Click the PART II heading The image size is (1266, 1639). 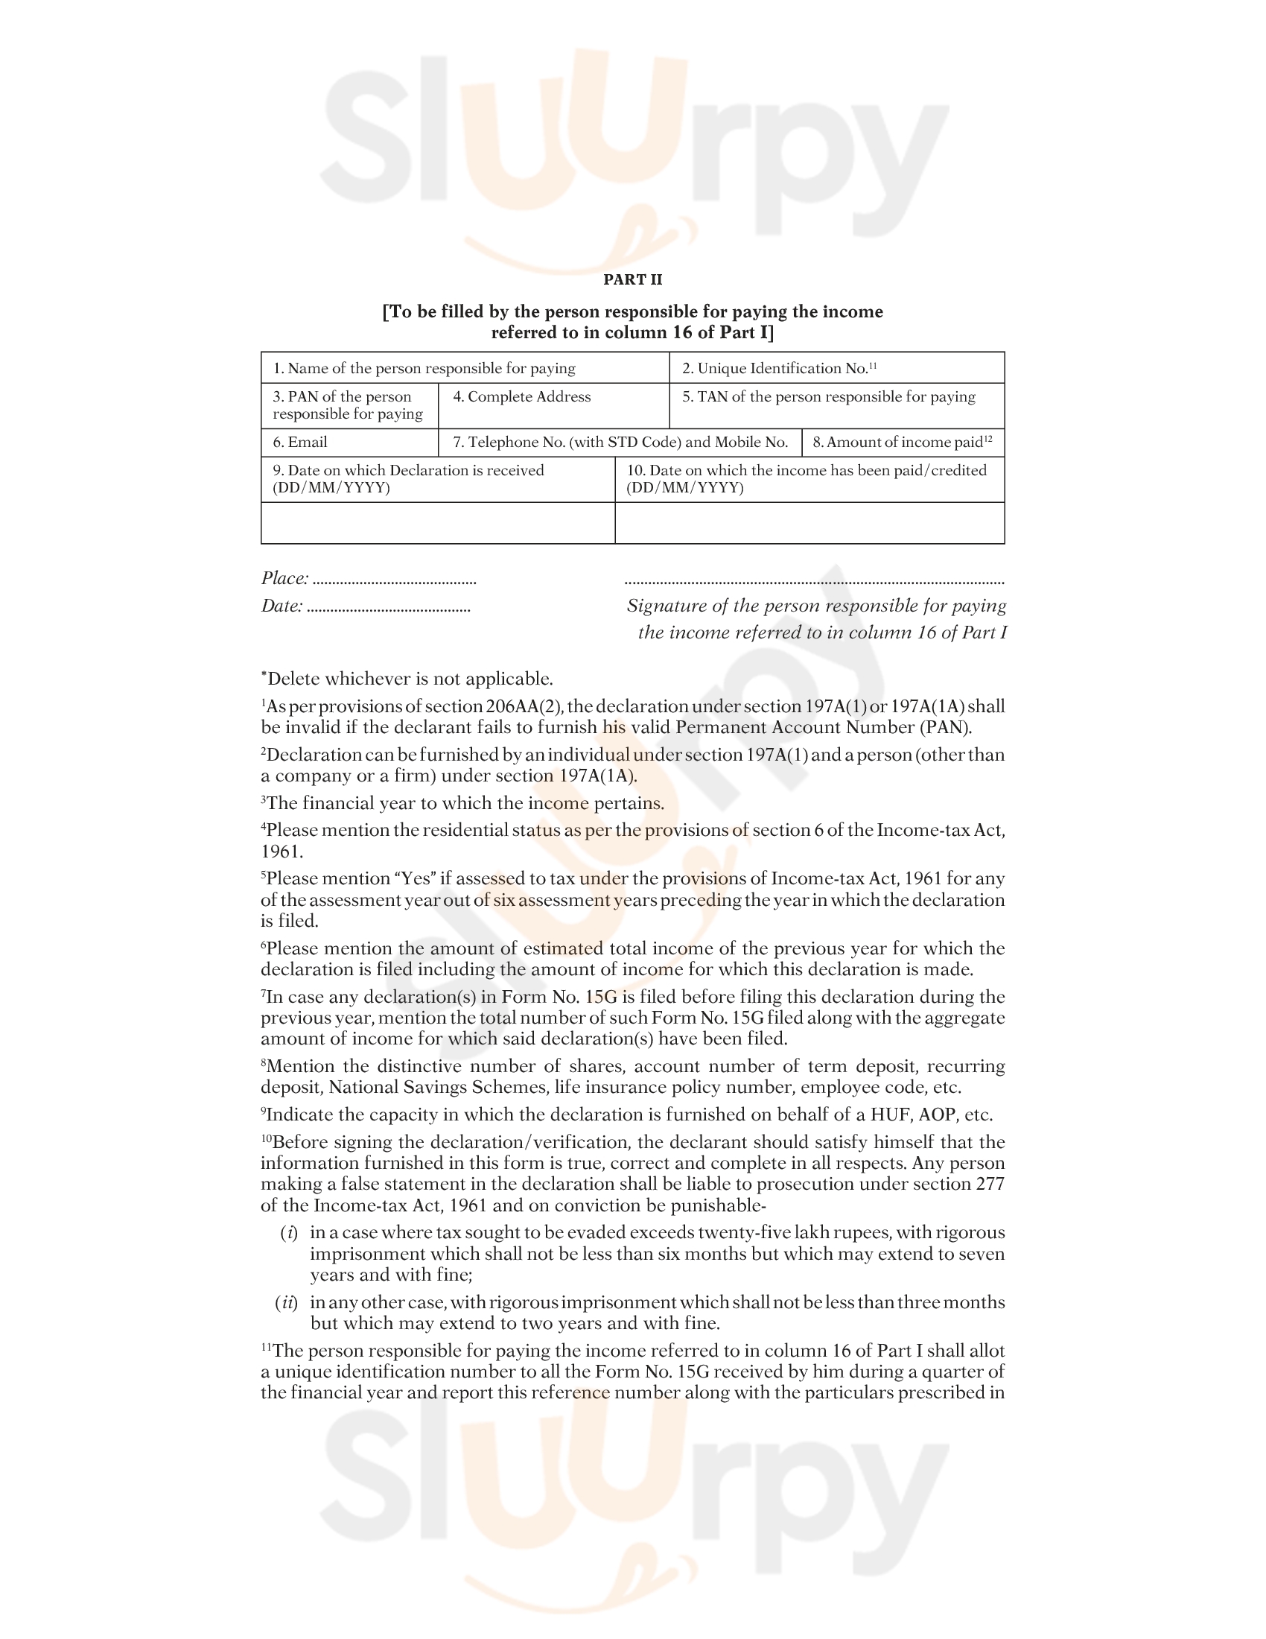[x=632, y=280]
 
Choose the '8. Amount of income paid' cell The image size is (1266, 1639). [x=903, y=442]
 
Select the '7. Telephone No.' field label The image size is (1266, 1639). [x=620, y=442]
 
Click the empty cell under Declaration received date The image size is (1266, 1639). [x=437, y=522]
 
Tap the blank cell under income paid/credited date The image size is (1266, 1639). [x=809, y=522]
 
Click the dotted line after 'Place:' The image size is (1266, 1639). [x=395, y=581]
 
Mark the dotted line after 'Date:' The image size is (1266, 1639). [x=389, y=609]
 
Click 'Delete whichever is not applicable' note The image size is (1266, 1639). [x=410, y=679]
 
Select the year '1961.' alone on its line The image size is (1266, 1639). [x=282, y=852]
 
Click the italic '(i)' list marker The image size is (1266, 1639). [x=289, y=1233]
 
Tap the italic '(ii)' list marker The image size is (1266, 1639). [x=287, y=1303]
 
